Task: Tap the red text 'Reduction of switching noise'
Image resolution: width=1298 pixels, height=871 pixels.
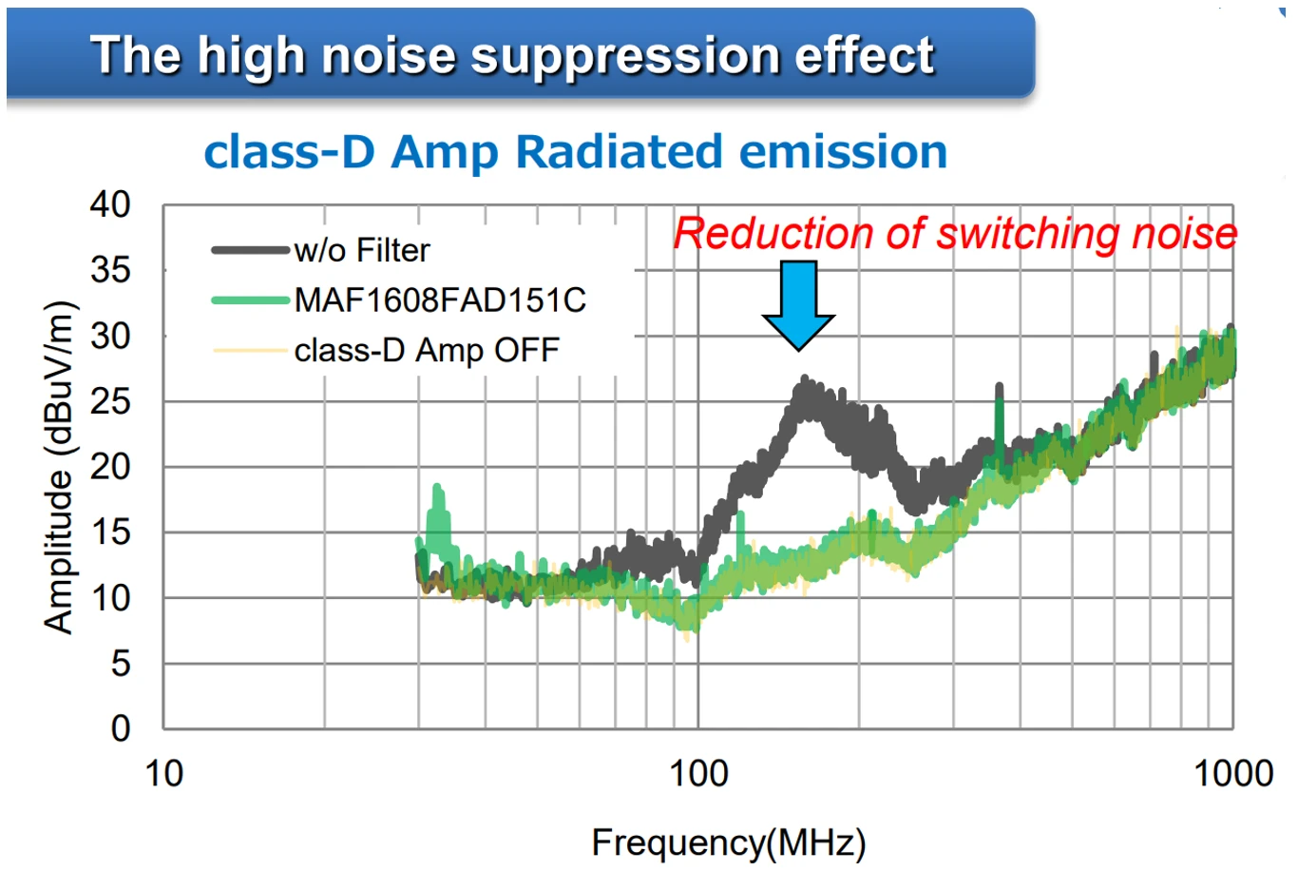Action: pyautogui.click(x=955, y=234)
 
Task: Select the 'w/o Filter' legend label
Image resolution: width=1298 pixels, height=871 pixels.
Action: pyautogui.click(x=362, y=250)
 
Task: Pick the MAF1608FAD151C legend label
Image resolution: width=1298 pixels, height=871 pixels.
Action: pyautogui.click(x=440, y=300)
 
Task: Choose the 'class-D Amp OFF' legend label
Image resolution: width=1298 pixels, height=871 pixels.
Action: pyautogui.click(x=427, y=350)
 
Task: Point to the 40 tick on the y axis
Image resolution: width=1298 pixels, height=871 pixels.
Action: pyautogui.click(x=110, y=204)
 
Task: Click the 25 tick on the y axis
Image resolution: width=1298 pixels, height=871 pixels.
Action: pyautogui.click(x=110, y=401)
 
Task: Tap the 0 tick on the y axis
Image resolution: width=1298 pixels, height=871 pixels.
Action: pyautogui.click(x=120, y=728)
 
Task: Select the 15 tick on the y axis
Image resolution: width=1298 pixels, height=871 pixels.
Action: pyautogui.click(x=110, y=532)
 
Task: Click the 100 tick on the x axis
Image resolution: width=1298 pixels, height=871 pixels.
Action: pyautogui.click(x=698, y=773)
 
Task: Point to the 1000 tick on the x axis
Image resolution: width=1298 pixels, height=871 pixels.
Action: pyautogui.click(x=1232, y=773)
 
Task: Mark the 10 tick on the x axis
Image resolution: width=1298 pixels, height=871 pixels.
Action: pyautogui.click(x=163, y=773)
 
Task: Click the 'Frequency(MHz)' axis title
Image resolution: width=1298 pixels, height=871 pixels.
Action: pyautogui.click(x=729, y=842)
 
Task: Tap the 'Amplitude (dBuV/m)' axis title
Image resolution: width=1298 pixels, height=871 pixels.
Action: pyautogui.click(x=59, y=466)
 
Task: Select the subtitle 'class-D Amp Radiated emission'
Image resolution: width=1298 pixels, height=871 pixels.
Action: pyautogui.click(x=576, y=152)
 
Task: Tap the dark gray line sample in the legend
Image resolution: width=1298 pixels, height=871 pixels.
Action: pyautogui.click(x=250, y=250)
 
